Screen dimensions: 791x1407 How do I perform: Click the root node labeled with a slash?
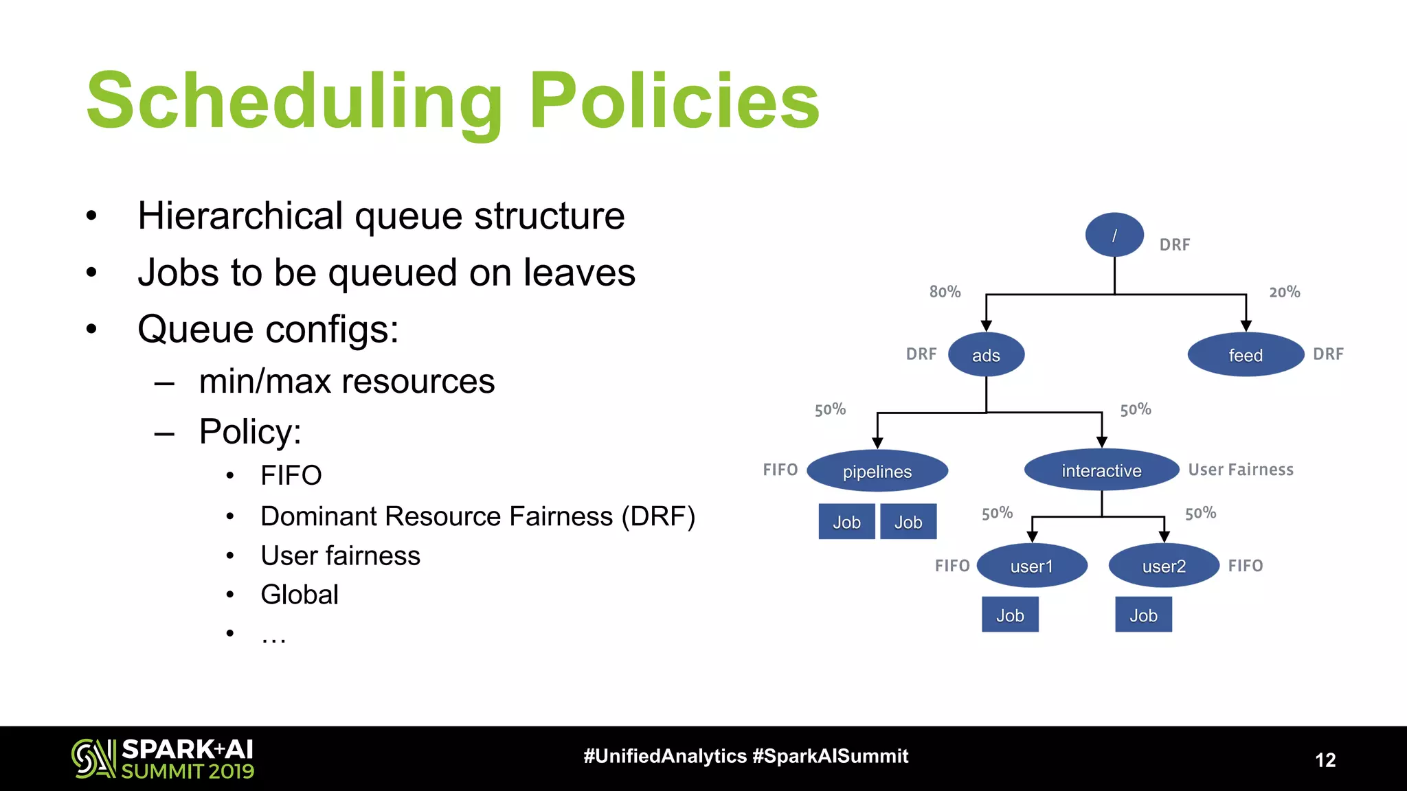pyautogui.click(x=1114, y=235)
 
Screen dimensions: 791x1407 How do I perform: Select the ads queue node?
pyautogui.click(x=986, y=355)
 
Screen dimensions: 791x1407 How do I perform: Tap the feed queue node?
pyautogui.click(x=1245, y=355)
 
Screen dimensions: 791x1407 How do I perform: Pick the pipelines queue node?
pyautogui.click(x=877, y=471)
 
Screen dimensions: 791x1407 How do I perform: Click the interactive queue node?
pyautogui.click(x=1101, y=470)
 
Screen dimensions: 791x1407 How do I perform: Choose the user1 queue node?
pyautogui.click(x=1031, y=566)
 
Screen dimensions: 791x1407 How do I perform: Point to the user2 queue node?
pyautogui.click(x=1164, y=566)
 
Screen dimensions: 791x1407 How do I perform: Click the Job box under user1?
pyautogui.click(x=1010, y=615)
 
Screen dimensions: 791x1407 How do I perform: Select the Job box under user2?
pyautogui.click(x=1143, y=615)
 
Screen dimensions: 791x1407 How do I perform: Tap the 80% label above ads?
pyautogui.click(x=945, y=292)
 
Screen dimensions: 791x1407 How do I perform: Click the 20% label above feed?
pyautogui.click(x=1284, y=292)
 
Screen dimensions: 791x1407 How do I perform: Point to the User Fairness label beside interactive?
pyautogui.click(x=1241, y=470)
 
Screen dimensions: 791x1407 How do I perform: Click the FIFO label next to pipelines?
pyautogui.click(x=780, y=470)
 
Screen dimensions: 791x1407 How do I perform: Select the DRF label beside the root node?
pyautogui.click(x=1174, y=244)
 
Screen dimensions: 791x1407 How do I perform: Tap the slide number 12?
pyautogui.click(x=1325, y=760)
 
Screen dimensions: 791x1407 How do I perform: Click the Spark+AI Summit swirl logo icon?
pyautogui.click(x=93, y=758)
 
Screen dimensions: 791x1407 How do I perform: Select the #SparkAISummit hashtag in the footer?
pyautogui.click(x=830, y=756)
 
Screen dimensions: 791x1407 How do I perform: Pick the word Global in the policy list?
pyautogui.click(x=300, y=595)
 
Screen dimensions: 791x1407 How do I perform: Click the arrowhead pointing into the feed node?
pyautogui.click(x=1246, y=325)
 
